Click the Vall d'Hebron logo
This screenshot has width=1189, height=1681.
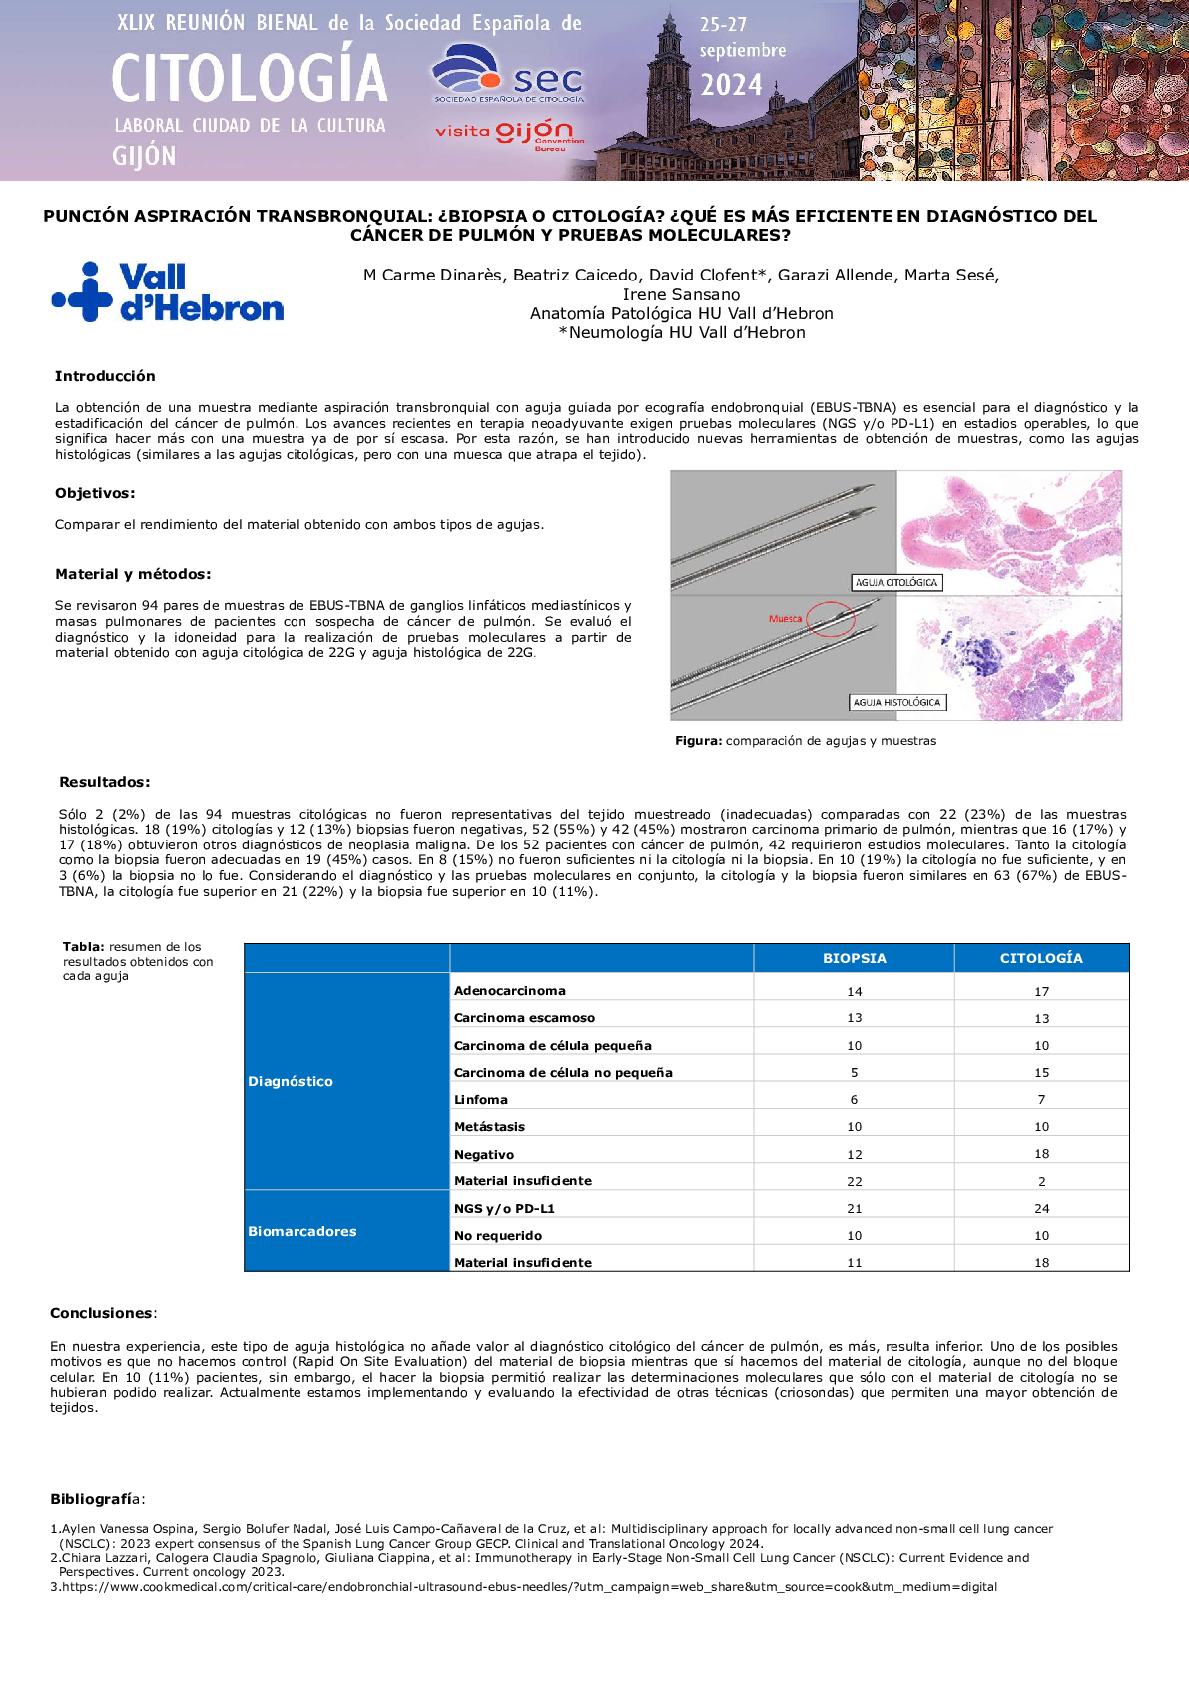pyautogui.click(x=168, y=292)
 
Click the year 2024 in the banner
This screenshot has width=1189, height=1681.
pyautogui.click(x=731, y=85)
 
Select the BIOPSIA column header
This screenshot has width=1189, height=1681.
pyautogui.click(x=854, y=958)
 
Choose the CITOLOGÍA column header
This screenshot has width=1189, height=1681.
pyautogui.click(x=1041, y=958)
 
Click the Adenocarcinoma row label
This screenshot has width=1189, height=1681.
pyautogui.click(x=510, y=991)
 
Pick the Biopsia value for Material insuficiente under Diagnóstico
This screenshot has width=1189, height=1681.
pyautogui.click(x=855, y=1181)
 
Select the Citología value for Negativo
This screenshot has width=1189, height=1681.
pyautogui.click(x=1041, y=1154)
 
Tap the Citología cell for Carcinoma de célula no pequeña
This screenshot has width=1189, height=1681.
pyautogui.click(x=1041, y=1073)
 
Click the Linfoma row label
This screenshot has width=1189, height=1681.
pyautogui.click(x=481, y=1100)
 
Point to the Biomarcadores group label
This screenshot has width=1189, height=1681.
pyautogui.click(x=302, y=1232)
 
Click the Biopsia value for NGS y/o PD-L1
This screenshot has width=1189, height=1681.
pyautogui.click(x=855, y=1209)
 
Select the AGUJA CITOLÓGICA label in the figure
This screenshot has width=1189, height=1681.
pyautogui.click(x=896, y=582)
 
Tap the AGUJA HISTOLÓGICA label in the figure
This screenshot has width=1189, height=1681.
pyautogui.click(x=896, y=702)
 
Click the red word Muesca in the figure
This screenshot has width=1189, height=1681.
pyautogui.click(x=785, y=619)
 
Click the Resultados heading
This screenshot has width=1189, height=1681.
pyautogui.click(x=105, y=782)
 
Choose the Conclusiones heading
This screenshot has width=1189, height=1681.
pyautogui.click(x=102, y=1313)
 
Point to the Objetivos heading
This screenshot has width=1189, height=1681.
pyautogui.click(x=95, y=493)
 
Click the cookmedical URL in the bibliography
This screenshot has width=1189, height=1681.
pyautogui.click(x=529, y=1586)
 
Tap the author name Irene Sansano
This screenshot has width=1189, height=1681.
pyautogui.click(x=681, y=294)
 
